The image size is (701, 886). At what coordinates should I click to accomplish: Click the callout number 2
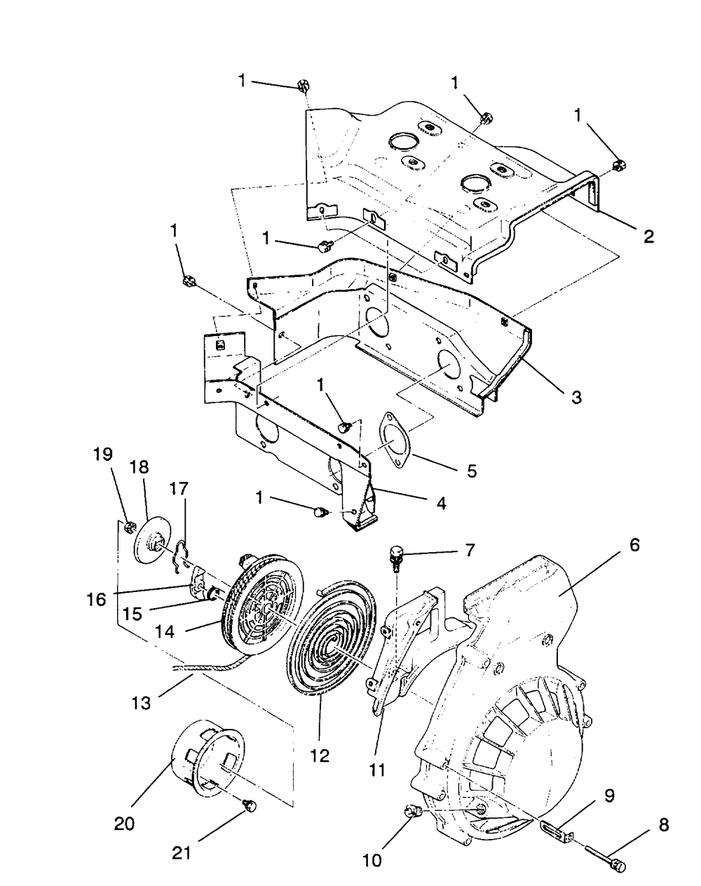click(x=648, y=236)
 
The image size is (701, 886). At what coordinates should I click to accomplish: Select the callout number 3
click(x=576, y=397)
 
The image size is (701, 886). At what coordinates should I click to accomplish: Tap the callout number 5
click(x=471, y=470)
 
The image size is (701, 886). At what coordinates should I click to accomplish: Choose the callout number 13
click(x=141, y=702)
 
